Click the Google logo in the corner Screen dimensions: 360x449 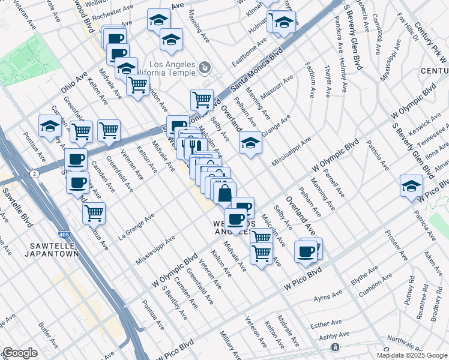point(19,353)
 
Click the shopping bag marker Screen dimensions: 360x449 point(224,193)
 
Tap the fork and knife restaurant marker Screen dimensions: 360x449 point(192,145)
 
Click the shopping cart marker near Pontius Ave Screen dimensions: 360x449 point(94,212)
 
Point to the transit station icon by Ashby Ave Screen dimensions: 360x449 point(335,347)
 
